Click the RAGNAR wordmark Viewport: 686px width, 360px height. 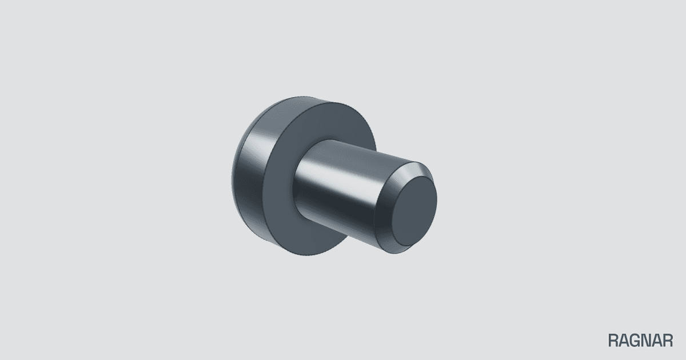(x=640, y=341)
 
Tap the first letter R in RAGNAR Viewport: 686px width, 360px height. (x=613, y=341)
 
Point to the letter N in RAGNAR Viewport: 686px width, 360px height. (x=647, y=341)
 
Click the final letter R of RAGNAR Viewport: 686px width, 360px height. (x=668, y=341)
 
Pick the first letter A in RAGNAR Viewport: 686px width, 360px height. (x=624, y=341)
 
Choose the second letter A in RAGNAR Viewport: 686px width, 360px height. (x=657, y=341)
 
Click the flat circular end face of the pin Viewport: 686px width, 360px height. (x=414, y=211)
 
